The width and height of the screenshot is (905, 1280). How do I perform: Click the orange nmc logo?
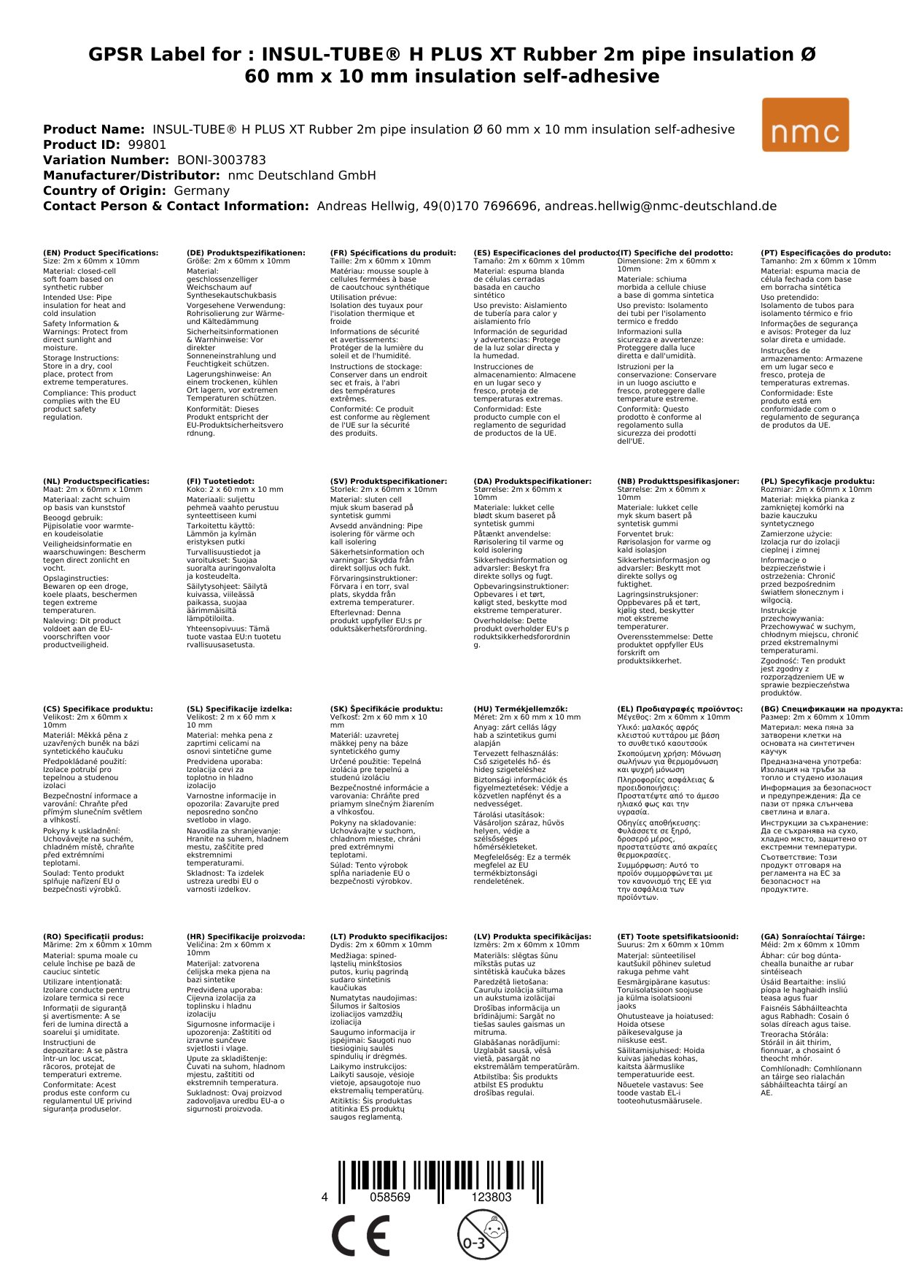(x=805, y=125)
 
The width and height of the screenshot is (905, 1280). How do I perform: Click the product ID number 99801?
(x=147, y=144)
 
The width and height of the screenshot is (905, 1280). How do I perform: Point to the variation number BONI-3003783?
(x=222, y=160)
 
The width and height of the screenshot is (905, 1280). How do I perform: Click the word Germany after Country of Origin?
(x=201, y=190)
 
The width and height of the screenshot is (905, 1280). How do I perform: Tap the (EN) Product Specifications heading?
(x=101, y=253)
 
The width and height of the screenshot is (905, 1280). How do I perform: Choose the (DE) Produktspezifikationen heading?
(x=246, y=253)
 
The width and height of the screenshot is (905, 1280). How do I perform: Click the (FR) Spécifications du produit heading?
(x=393, y=253)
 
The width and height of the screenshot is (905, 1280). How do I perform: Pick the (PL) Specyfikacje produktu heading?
(x=817, y=482)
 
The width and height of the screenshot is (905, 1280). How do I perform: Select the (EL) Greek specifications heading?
(x=680, y=709)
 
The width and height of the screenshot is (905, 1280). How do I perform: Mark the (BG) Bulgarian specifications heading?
(x=831, y=709)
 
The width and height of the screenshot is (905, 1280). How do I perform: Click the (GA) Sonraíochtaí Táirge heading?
(x=812, y=936)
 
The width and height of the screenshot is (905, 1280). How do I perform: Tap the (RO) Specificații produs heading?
(x=93, y=936)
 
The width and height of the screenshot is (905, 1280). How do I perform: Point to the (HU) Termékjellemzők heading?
(x=520, y=709)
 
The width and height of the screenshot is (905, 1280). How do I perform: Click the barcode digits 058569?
(x=390, y=1197)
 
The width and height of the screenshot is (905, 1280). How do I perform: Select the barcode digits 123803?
(x=492, y=1197)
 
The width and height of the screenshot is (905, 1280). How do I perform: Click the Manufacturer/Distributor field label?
(x=131, y=175)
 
